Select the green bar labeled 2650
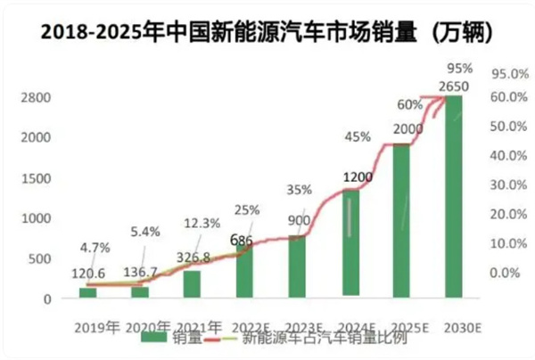(x=454, y=196)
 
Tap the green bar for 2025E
(x=401, y=218)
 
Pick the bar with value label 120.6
(x=86, y=291)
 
